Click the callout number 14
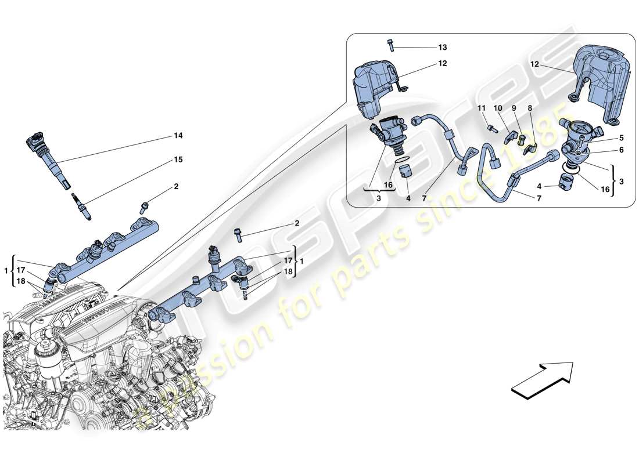(x=178, y=136)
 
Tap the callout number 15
(x=178, y=159)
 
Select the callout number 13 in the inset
(x=443, y=47)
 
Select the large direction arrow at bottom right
(x=541, y=380)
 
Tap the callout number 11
(x=481, y=108)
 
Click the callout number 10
(x=498, y=108)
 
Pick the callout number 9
(x=514, y=108)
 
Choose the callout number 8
(x=529, y=108)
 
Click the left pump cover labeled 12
(x=376, y=87)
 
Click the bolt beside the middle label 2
(x=239, y=234)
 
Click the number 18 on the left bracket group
(x=20, y=281)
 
